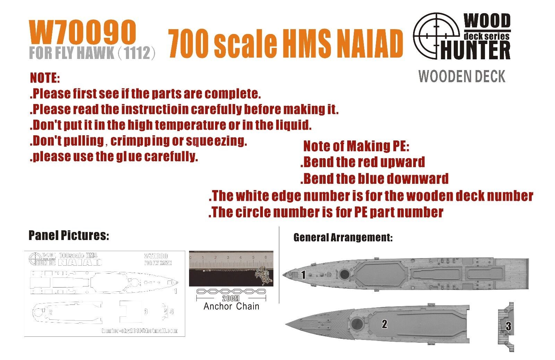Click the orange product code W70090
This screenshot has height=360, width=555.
[82, 33]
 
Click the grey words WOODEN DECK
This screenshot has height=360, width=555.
[462, 76]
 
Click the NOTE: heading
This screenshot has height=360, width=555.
[45, 78]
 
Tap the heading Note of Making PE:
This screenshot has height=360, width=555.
[356, 146]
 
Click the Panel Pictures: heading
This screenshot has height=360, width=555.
[69, 235]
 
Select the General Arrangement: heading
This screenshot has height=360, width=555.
[343, 238]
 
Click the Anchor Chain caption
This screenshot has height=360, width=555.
[231, 306]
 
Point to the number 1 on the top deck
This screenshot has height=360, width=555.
[303, 275]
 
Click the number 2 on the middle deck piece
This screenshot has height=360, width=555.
[384, 324]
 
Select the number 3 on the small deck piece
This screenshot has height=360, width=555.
[508, 326]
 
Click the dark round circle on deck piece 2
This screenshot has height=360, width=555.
[357, 324]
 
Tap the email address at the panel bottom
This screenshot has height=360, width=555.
[139, 331]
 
